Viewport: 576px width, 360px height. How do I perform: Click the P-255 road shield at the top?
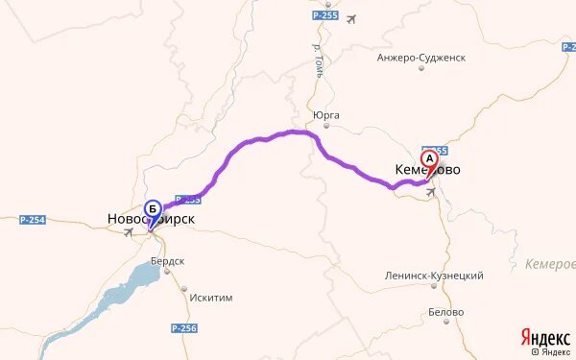click(x=325, y=17)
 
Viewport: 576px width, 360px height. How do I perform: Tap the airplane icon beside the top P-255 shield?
click(x=350, y=18)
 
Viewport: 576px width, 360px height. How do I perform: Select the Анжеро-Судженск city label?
click(x=421, y=58)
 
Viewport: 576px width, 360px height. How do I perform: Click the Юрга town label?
click(x=326, y=116)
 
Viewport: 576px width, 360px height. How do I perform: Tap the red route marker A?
click(x=430, y=158)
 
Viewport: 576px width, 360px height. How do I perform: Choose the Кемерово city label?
click(x=427, y=170)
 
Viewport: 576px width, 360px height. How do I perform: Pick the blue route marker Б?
click(x=152, y=209)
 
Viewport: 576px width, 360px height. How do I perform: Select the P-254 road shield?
click(x=33, y=220)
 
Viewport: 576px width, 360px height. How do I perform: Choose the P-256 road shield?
click(x=183, y=328)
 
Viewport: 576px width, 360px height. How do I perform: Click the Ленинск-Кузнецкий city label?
click(x=434, y=276)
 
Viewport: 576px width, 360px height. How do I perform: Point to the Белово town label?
click(x=445, y=313)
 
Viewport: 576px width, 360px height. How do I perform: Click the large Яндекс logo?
click(x=543, y=336)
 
